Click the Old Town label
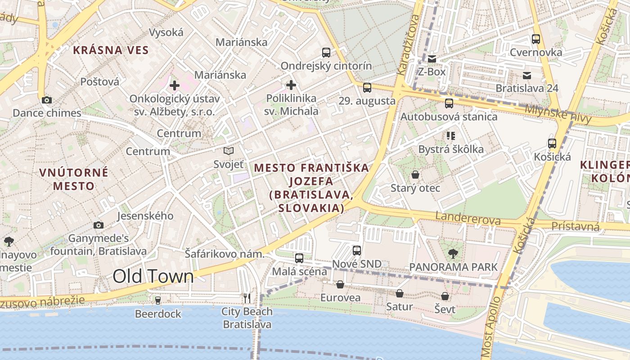point(153,276)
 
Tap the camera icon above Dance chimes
point(46,100)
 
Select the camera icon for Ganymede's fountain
point(99,225)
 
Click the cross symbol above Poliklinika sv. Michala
point(291,85)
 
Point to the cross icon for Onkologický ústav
point(175,85)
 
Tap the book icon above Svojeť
point(229,151)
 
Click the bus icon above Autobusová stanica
point(449,103)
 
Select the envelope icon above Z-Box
point(432,59)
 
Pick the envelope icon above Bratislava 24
point(526,75)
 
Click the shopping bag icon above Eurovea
point(340,284)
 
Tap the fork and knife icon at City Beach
point(247,298)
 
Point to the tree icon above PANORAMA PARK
point(453,254)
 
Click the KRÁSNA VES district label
point(111,50)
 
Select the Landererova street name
point(468,219)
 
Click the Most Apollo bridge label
point(490,326)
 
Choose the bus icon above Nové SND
point(357,250)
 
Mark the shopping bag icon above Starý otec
point(415,175)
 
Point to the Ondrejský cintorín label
point(326,66)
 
